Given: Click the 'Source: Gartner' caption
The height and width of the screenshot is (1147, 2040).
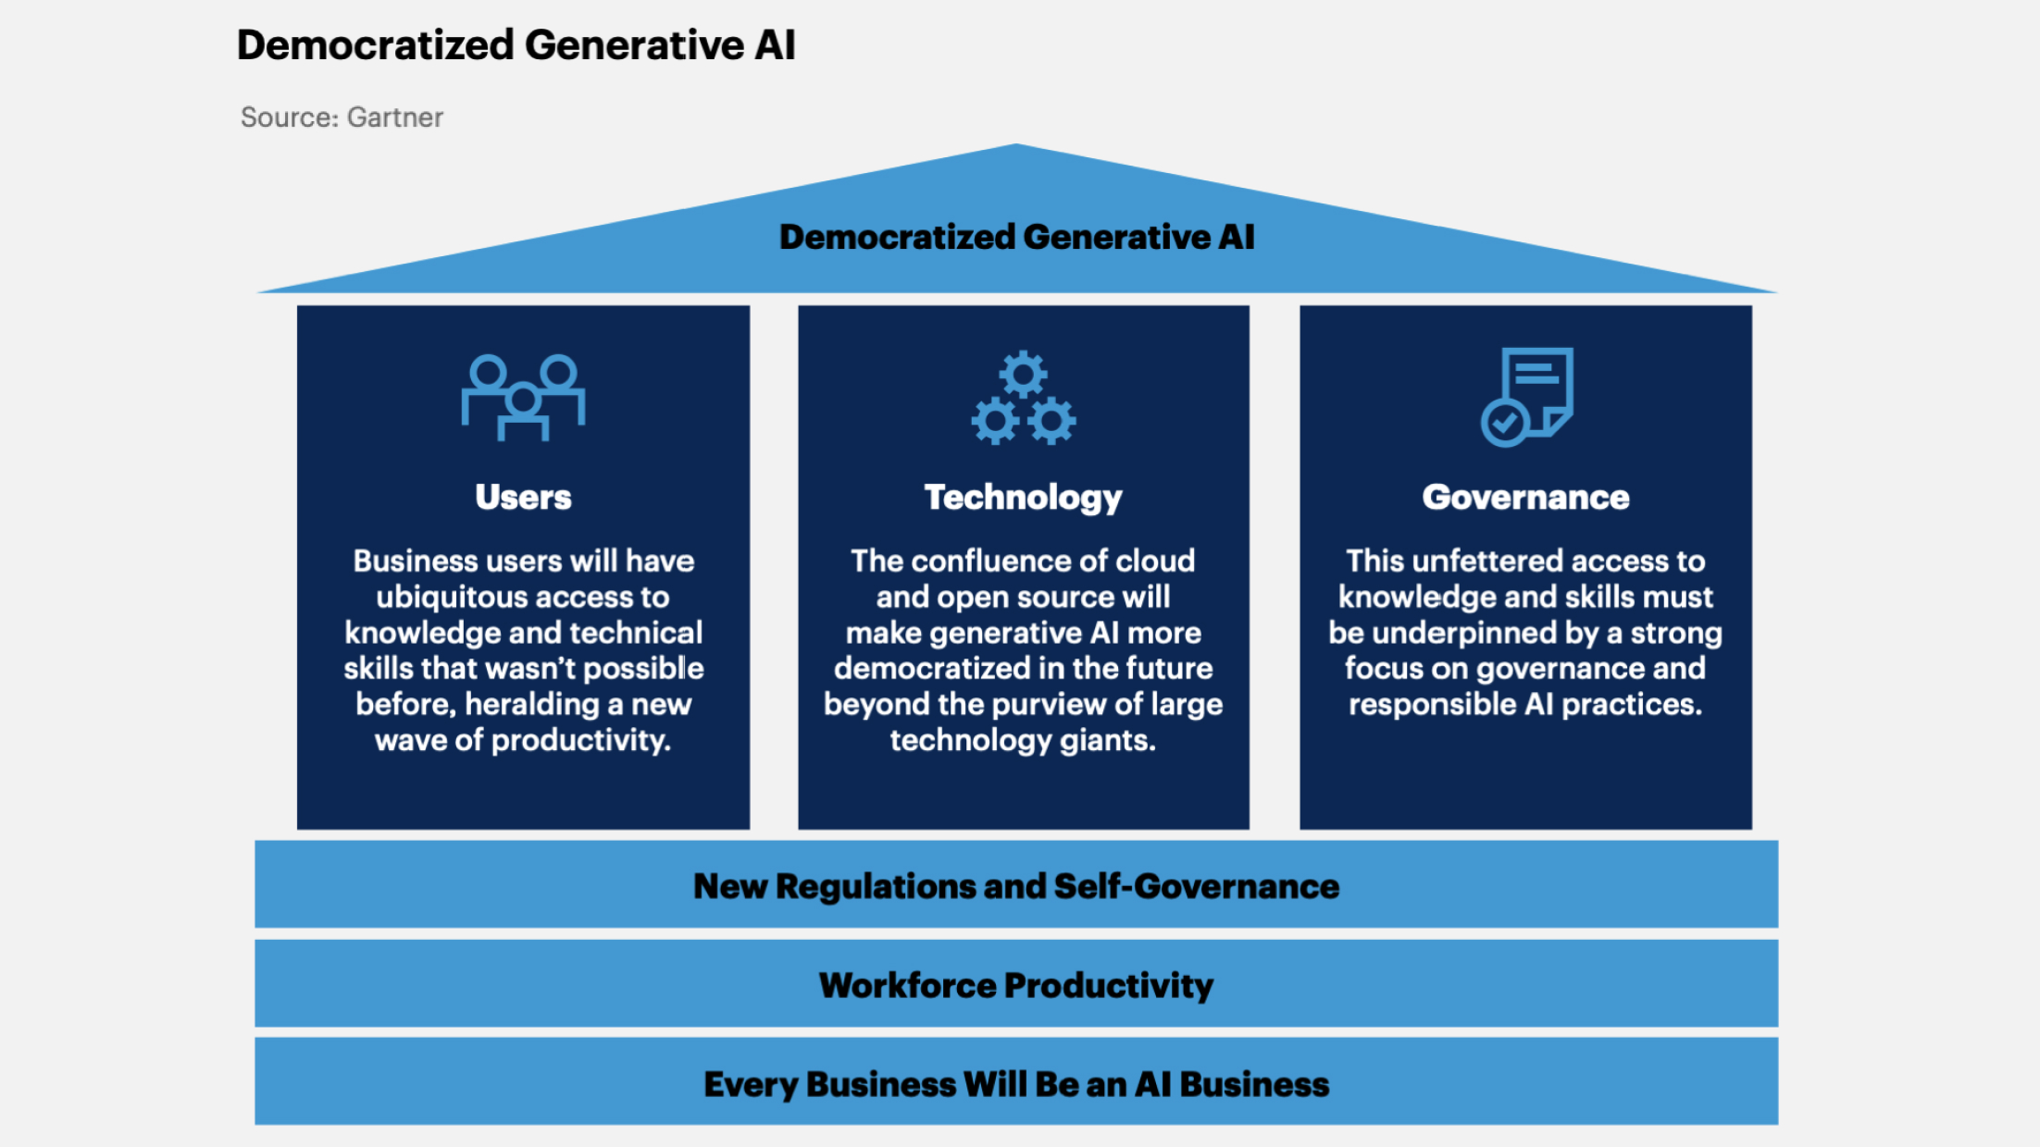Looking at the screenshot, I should [342, 117].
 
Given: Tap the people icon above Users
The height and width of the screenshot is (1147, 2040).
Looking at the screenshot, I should [523, 397].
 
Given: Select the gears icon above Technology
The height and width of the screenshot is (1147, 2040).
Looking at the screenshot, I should [1023, 399].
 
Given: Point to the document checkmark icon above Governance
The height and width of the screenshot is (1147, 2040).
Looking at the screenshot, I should [1526, 397].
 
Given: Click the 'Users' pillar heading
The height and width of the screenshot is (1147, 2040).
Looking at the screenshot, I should [523, 498].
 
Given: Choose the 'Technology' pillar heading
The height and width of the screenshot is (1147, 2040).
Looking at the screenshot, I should [1023, 498].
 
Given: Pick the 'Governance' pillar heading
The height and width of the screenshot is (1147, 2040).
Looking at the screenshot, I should [1525, 498].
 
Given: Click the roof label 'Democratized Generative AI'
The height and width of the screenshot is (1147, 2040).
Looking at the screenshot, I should [1016, 237].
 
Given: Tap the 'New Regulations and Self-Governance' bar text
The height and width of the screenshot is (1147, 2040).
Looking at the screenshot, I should [1016, 886].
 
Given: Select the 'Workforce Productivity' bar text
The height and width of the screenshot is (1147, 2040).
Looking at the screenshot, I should [1016, 985].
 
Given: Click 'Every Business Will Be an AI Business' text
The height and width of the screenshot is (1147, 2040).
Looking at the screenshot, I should [1016, 1084].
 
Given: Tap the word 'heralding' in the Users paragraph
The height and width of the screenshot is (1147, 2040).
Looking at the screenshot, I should [532, 705].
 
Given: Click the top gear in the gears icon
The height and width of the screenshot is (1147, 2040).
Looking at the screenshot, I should [1023, 375].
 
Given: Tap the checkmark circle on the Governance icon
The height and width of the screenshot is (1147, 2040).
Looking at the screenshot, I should [1504, 424].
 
